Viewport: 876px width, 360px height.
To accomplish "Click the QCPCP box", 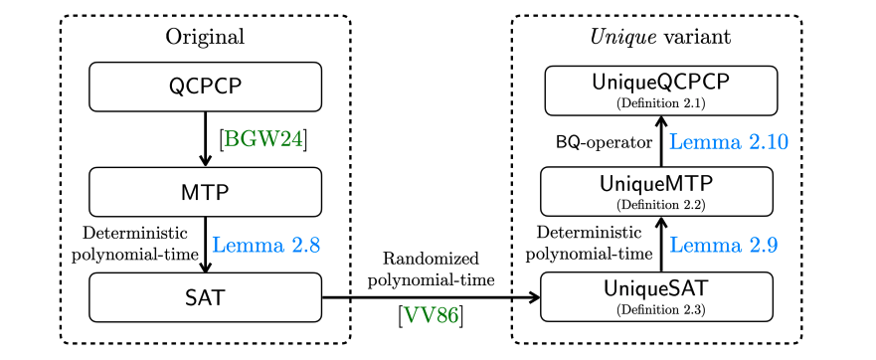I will pyautogui.click(x=206, y=87).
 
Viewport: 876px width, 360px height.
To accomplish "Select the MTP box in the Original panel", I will pyautogui.click(x=206, y=191).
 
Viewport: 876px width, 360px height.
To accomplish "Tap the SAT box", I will pyautogui.click(x=206, y=296).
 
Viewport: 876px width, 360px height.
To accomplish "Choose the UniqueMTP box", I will pyautogui.click(x=656, y=191).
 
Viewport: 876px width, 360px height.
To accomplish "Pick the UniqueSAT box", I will pyautogui.click(x=656, y=296).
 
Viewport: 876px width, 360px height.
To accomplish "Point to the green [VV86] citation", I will pyautogui.click(x=430, y=317).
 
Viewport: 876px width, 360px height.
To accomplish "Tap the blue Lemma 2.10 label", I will pyautogui.click(x=729, y=141).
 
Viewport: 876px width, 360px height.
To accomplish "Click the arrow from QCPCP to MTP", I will pyautogui.click(x=206, y=139).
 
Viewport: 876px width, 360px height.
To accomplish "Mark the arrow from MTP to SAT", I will pyautogui.click(x=206, y=244).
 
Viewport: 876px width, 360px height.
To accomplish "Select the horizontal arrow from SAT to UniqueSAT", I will pyautogui.click(x=430, y=296).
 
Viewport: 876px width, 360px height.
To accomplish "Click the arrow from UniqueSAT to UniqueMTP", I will pyautogui.click(x=660, y=245).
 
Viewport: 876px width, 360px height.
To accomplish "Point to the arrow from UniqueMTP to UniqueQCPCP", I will pyautogui.click(x=660, y=140).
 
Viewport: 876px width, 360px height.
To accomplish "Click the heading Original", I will pyautogui.click(x=205, y=38).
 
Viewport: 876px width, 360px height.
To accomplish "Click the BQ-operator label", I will pyautogui.click(x=603, y=142).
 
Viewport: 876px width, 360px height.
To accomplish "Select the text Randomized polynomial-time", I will pyautogui.click(x=430, y=269).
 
